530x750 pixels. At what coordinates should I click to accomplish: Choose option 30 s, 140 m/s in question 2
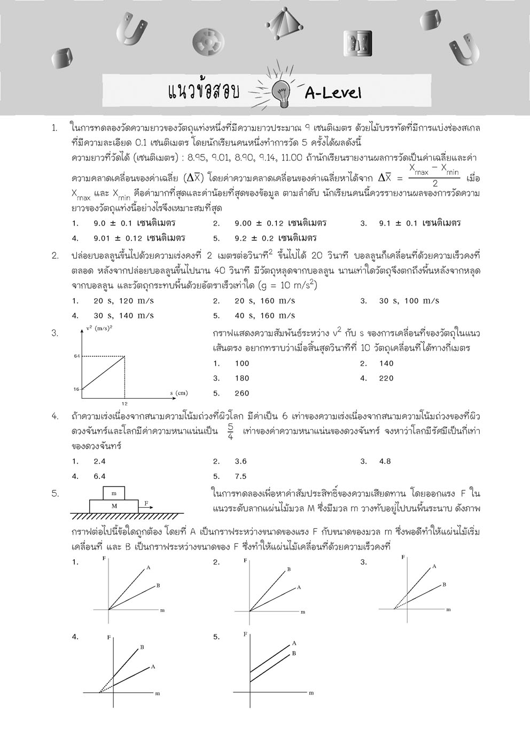(x=123, y=315)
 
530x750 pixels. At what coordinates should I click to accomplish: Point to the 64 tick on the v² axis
(x=76, y=356)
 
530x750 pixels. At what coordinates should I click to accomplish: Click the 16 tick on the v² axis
(x=76, y=389)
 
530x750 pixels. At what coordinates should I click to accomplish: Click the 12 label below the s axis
(x=124, y=403)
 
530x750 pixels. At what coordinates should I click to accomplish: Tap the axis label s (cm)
(x=179, y=393)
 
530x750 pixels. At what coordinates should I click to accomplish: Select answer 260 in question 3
(x=242, y=393)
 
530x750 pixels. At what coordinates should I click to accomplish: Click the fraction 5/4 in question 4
(x=230, y=431)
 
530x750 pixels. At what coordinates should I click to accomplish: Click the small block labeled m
(x=113, y=493)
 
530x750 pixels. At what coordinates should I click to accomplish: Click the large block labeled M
(x=113, y=506)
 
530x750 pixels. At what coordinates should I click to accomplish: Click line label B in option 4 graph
(x=142, y=647)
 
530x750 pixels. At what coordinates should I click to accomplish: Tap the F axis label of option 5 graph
(x=245, y=635)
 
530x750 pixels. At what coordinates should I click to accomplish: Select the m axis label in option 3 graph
(x=448, y=609)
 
